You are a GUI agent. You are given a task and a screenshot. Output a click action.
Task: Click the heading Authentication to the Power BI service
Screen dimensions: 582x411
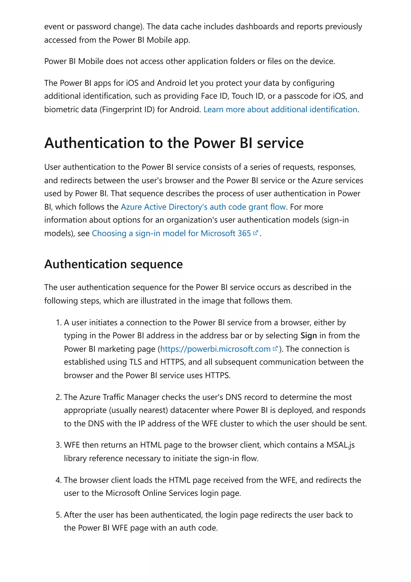click(x=174, y=143)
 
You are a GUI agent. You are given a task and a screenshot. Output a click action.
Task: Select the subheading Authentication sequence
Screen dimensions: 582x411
click(x=113, y=264)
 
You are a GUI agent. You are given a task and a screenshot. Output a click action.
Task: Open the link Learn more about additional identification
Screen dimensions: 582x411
click(x=280, y=109)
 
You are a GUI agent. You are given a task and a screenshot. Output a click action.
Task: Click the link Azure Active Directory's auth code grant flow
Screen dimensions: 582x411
click(x=203, y=207)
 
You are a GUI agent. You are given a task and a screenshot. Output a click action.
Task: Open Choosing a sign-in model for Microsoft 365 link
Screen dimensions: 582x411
click(x=171, y=233)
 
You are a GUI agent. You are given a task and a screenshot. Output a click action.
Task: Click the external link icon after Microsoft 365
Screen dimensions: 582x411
click(x=255, y=233)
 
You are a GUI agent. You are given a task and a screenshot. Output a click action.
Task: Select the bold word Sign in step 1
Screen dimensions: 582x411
click(x=308, y=336)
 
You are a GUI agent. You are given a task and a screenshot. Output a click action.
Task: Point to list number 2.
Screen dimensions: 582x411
click(x=58, y=397)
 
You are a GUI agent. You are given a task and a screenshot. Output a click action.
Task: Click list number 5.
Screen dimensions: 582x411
click(x=58, y=515)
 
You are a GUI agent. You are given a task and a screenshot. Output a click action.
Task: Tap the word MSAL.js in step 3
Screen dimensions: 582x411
click(x=340, y=445)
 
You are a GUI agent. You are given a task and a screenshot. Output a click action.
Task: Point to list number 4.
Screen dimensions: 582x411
click(x=58, y=480)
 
